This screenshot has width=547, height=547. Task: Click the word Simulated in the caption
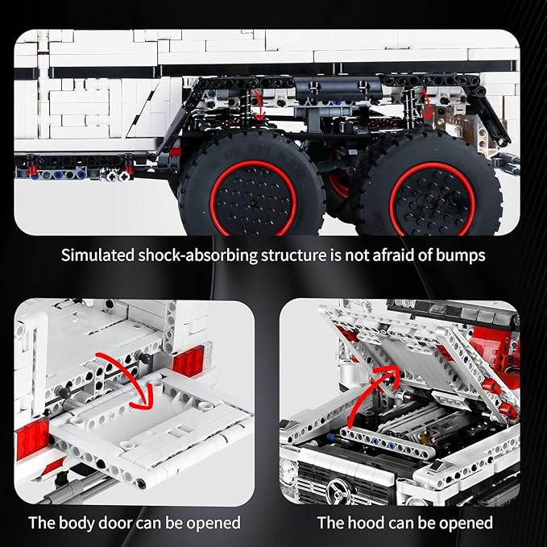click(102, 256)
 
